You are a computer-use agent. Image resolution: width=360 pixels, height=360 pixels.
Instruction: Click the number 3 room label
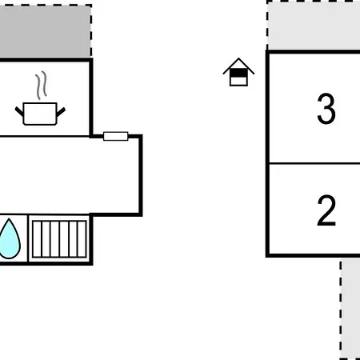(x=326, y=108)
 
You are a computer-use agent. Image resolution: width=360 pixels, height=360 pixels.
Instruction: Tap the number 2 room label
(x=326, y=210)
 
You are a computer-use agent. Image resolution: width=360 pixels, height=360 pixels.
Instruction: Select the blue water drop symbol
(x=10, y=238)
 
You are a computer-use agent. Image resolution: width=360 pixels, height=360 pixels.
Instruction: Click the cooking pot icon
(x=40, y=114)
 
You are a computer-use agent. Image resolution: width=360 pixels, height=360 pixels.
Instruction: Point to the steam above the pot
(x=42, y=86)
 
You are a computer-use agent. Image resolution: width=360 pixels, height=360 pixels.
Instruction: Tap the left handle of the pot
(x=19, y=112)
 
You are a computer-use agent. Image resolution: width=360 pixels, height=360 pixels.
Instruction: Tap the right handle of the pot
(x=61, y=112)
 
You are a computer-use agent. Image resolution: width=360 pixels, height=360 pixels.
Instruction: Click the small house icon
(x=238, y=72)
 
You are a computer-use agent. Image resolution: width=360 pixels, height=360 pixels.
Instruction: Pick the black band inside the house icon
(x=238, y=73)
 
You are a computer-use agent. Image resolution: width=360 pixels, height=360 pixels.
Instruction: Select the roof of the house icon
(x=238, y=66)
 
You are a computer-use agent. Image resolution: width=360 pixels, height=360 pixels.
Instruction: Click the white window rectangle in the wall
(x=116, y=136)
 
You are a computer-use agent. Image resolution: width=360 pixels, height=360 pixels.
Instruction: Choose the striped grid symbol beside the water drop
(x=59, y=239)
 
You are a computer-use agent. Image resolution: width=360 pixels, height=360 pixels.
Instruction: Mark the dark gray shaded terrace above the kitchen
(x=45, y=31)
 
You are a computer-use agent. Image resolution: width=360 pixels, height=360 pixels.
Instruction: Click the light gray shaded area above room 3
(x=314, y=26)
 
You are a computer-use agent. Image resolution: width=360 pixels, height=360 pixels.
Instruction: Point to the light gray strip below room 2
(x=351, y=309)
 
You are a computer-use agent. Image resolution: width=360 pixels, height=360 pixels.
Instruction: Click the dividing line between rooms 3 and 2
(x=314, y=163)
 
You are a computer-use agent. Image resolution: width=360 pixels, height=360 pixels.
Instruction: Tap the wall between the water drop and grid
(x=28, y=238)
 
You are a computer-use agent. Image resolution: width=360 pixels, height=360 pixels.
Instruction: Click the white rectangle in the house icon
(x=238, y=81)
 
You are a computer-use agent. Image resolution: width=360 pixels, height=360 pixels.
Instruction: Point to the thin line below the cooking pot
(x=45, y=137)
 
